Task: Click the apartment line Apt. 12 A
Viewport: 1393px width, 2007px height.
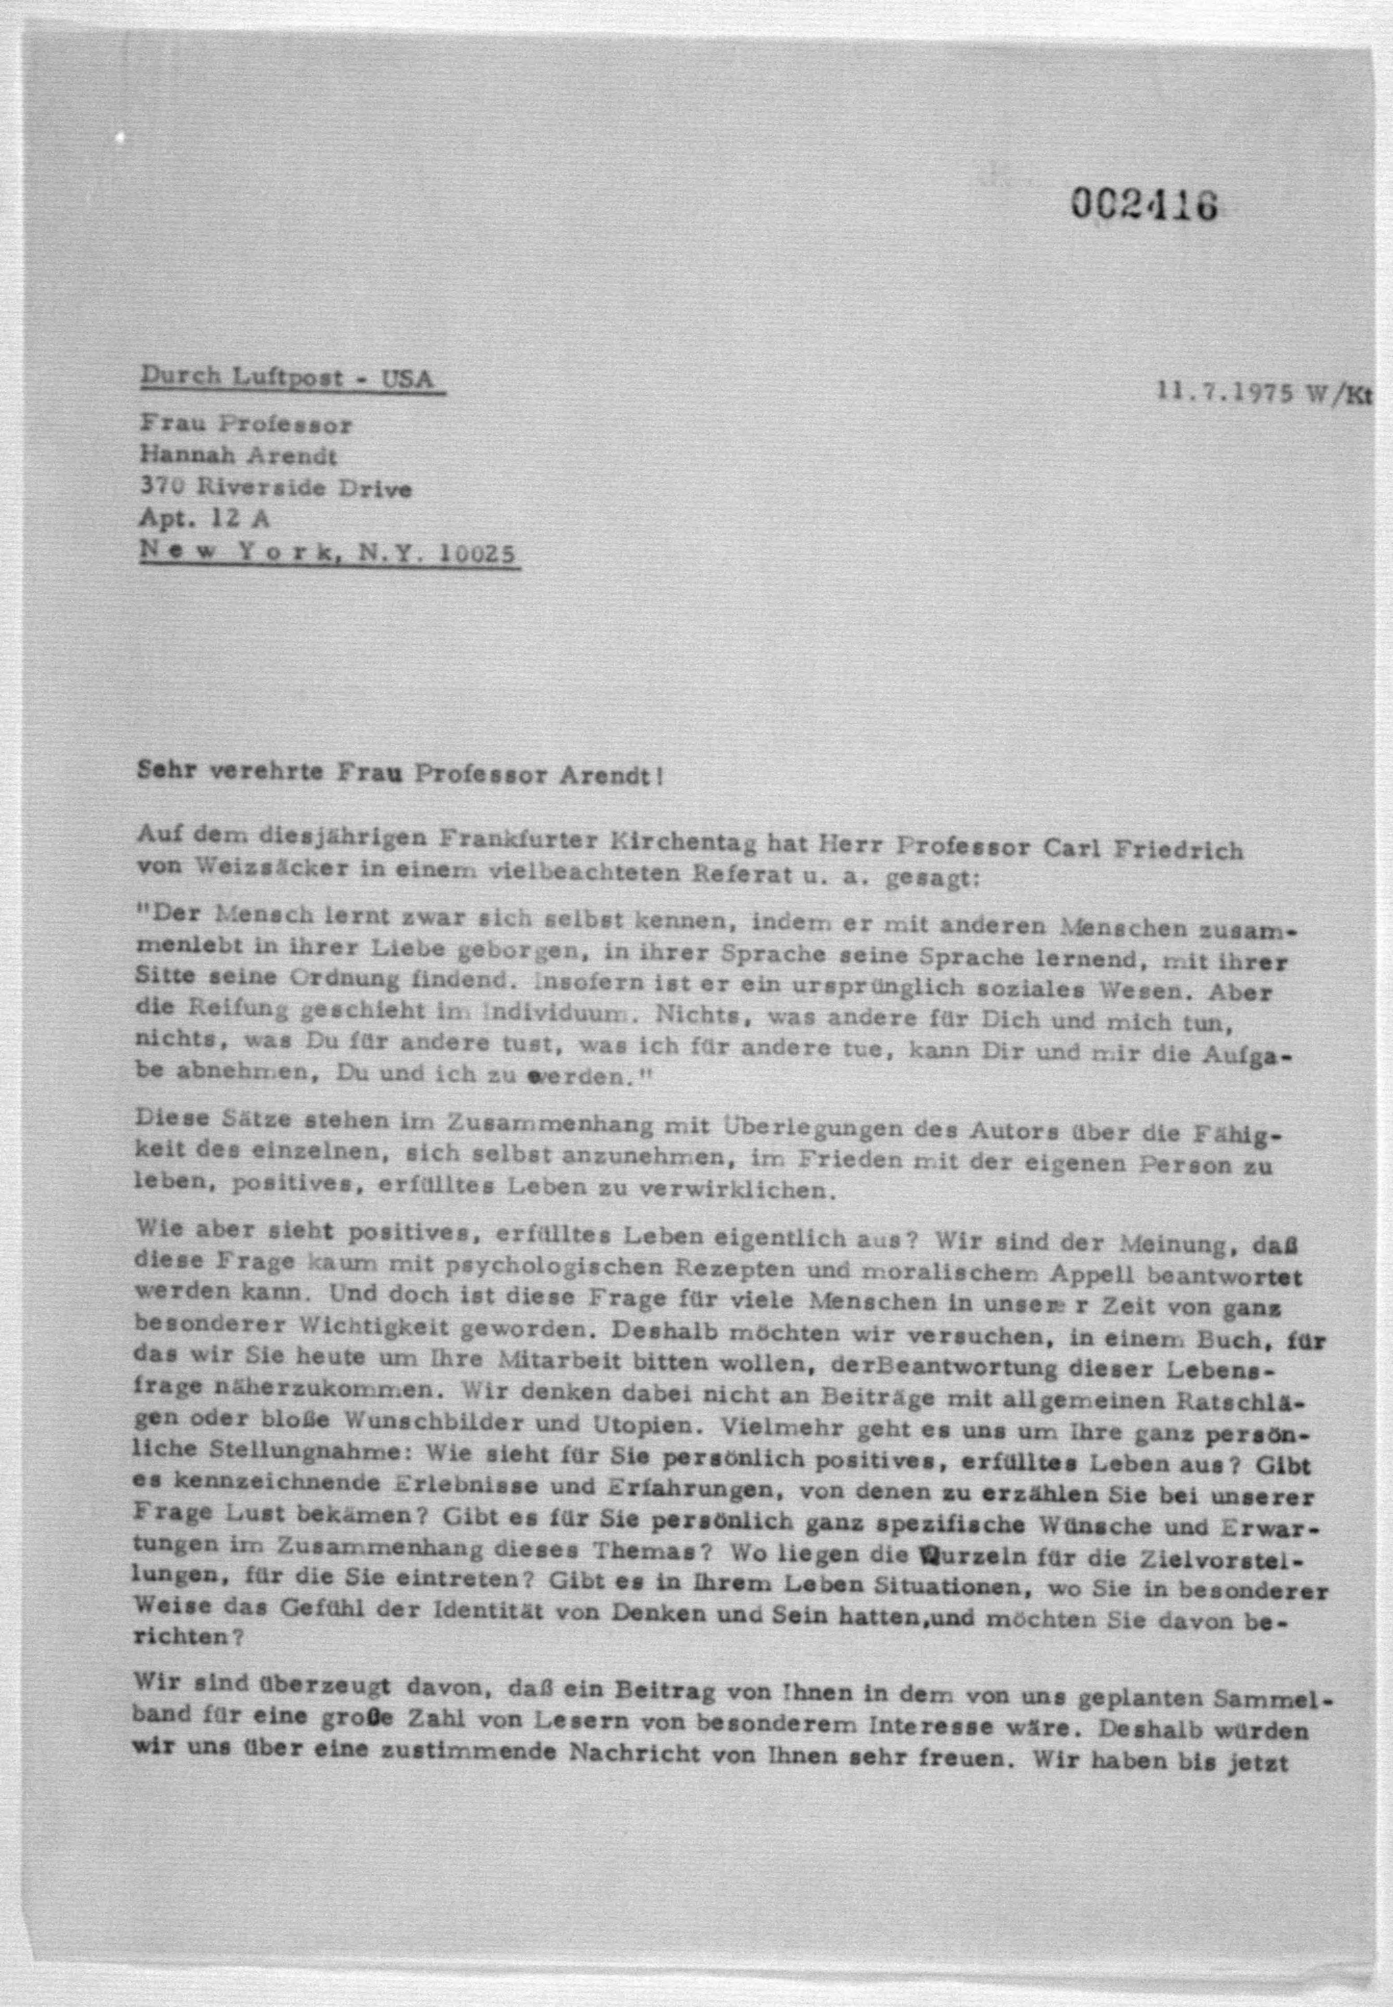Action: point(204,518)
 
